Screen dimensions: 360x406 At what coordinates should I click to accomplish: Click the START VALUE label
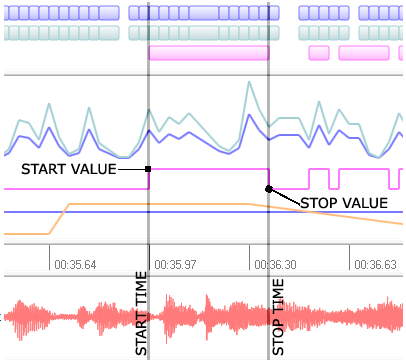(x=67, y=168)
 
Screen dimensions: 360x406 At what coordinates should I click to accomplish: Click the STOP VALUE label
(x=343, y=202)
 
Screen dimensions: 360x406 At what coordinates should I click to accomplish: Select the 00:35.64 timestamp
(x=76, y=265)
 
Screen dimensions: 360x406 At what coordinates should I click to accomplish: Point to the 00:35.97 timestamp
(x=175, y=265)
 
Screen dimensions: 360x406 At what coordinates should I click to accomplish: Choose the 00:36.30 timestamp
(x=275, y=265)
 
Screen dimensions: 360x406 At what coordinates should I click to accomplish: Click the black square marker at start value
(x=148, y=169)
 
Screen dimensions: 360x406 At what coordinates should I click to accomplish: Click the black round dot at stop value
(x=269, y=187)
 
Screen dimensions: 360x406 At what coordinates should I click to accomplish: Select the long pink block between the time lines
(x=208, y=52)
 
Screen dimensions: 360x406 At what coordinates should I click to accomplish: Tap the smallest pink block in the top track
(x=319, y=52)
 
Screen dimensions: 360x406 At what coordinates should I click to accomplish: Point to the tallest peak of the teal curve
(x=245, y=84)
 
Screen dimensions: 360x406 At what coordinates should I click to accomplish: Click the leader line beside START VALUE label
(x=132, y=169)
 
